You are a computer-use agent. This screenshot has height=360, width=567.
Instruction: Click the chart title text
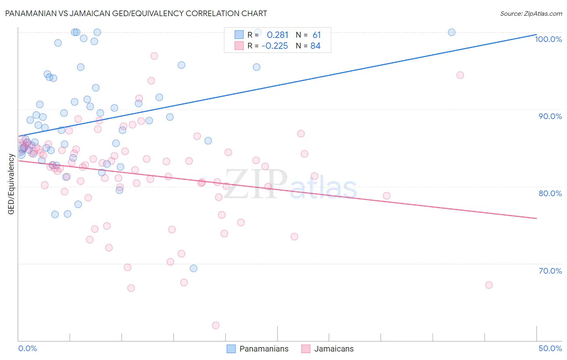point(136,13)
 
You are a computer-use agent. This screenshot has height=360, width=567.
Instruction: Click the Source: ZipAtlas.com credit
point(531,14)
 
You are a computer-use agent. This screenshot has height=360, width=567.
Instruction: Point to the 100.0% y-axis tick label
point(548,39)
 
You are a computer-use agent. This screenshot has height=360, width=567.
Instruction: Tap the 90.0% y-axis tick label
point(550,116)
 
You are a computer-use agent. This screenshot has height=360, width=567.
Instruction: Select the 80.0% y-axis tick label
point(550,193)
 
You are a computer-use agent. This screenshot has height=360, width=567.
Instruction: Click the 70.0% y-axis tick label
point(550,271)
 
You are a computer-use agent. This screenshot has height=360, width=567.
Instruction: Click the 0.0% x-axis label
point(27,348)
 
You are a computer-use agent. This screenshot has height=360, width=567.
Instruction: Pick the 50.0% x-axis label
point(550,348)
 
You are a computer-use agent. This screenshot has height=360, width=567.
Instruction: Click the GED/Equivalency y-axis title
point(11,184)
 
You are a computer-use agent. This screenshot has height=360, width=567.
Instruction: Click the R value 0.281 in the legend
point(277,35)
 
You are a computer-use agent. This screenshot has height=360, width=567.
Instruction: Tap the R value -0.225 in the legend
point(275,46)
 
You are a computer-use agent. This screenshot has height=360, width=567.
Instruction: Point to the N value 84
point(315,46)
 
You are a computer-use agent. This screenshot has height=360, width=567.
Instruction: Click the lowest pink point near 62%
point(216,325)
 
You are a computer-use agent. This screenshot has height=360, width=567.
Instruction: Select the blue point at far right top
point(452,32)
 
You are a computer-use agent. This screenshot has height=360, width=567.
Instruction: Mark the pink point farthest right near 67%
point(489,285)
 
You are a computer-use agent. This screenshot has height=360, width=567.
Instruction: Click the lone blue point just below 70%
point(194,268)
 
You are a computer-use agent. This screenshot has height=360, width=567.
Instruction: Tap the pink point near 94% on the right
point(460,75)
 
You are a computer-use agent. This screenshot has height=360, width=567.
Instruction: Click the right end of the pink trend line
point(536,218)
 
